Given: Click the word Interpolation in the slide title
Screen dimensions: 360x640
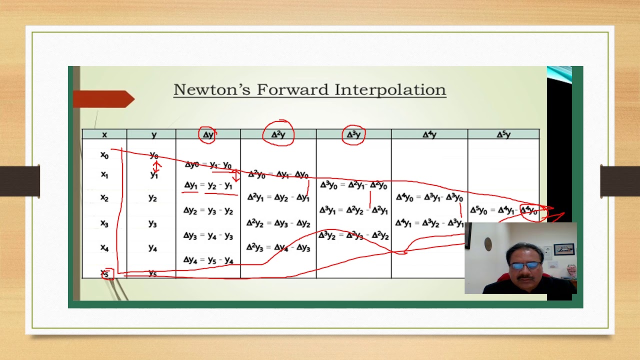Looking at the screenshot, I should [x=390, y=90].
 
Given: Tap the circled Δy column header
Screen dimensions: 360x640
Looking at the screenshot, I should [x=208, y=134].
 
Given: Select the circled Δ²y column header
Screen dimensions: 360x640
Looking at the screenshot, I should [x=278, y=134].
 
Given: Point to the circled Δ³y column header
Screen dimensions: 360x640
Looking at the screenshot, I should [x=353, y=134].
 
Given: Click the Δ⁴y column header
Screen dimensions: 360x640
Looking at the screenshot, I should [x=429, y=134].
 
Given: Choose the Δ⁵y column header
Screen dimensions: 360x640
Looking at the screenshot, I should [x=503, y=134].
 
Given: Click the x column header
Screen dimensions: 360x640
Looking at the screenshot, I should [x=104, y=134].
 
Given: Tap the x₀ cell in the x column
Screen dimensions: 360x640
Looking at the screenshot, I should [x=104, y=155].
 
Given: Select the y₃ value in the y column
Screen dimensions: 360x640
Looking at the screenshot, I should [x=153, y=223].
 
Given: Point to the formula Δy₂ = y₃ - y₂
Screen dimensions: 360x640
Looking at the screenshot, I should [x=208, y=210].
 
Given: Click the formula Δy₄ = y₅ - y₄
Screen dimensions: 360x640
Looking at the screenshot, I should [x=208, y=260].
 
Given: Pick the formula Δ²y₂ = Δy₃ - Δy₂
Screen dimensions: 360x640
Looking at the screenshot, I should [x=278, y=223].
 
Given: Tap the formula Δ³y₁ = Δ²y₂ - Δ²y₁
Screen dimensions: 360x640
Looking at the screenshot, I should [x=353, y=210].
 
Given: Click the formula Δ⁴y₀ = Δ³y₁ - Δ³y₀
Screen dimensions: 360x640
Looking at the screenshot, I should [x=429, y=198].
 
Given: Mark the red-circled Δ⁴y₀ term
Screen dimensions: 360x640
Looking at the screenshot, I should [x=529, y=211].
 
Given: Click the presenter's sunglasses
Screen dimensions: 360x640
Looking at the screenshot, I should [x=525, y=265].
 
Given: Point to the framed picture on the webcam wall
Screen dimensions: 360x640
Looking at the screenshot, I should [x=564, y=249].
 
